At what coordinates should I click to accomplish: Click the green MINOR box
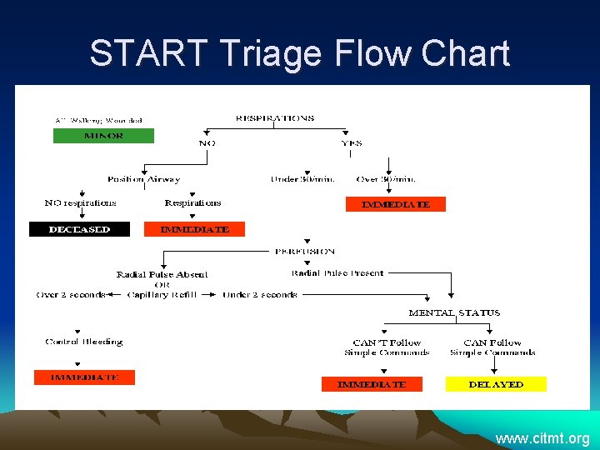103,136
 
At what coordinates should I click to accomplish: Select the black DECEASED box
79,229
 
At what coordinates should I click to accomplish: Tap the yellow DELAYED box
496,384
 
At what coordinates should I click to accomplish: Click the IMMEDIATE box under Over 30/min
395,204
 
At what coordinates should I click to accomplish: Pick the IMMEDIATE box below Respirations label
194,229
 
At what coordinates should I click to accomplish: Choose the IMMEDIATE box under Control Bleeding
83,377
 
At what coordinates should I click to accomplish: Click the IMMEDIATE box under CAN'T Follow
371,384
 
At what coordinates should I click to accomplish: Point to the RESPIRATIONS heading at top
275,118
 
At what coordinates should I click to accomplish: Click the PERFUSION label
305,251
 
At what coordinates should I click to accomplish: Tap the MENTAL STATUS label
454,313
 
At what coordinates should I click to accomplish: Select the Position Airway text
143,179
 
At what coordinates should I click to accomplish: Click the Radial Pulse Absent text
162,274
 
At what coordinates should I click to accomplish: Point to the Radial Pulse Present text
337,273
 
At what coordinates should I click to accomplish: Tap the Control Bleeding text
83,342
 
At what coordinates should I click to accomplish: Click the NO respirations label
80,202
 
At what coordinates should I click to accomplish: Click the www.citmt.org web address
542,438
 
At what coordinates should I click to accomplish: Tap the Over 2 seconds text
71,294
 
